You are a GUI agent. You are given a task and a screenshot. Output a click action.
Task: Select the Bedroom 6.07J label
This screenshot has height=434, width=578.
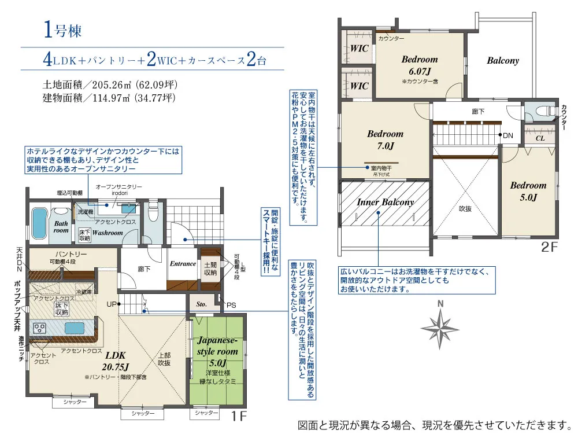coord(420,65)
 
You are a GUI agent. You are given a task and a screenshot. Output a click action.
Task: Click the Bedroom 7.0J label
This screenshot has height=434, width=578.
coord(385,139)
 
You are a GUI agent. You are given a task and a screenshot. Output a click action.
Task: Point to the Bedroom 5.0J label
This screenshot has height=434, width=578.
coord(528,192)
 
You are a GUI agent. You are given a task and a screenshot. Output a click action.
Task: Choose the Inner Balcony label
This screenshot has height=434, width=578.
coord(385,202)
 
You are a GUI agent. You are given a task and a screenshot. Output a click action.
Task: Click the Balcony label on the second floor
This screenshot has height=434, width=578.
coord(502,60)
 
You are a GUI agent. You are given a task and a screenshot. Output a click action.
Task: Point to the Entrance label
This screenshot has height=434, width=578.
coord(183,264)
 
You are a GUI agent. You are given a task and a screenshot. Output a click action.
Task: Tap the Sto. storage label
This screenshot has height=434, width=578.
coord(202,303)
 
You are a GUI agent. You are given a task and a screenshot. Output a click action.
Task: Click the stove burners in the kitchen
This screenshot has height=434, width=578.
coord(40,328)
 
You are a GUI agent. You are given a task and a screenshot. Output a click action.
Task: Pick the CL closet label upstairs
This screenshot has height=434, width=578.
coord(540,139)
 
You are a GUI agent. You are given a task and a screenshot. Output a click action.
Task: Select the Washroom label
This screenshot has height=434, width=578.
coord(109,233)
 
